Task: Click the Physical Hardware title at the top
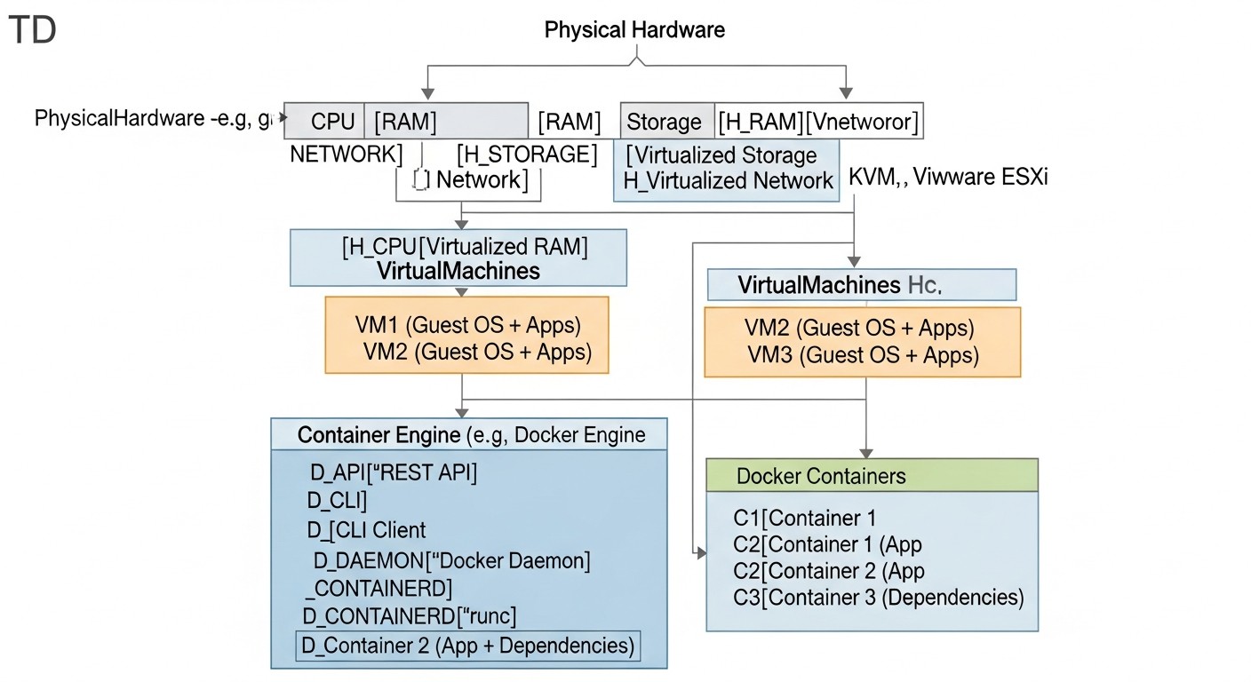click(634, 29)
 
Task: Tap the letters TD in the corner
click(32, 31)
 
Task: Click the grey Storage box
click(665, 122)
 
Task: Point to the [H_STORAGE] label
click(527, 155)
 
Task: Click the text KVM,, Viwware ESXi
click(948, 176)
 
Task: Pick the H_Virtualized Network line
click(728, 181)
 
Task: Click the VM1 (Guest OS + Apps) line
click(468, 326)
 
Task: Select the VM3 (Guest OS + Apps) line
click(862, 356)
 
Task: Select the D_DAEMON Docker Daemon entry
click(451, 561)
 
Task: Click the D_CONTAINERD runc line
click(410, 615)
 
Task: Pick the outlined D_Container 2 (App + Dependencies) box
click(467, 646)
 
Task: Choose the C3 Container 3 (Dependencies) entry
click(878, 597)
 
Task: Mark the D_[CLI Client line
click(366, 530)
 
